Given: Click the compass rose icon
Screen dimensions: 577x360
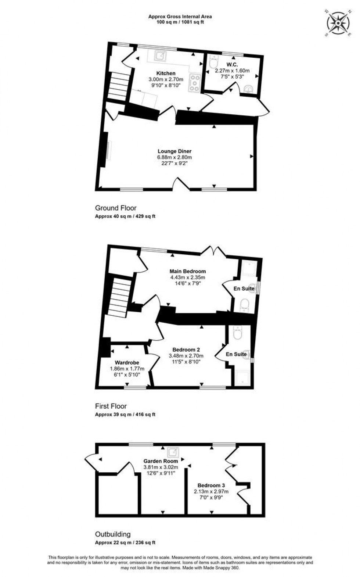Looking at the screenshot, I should [338, 23].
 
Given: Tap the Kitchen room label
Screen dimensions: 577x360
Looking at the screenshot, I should [166, 74].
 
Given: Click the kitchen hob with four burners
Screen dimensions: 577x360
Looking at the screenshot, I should [194, 83].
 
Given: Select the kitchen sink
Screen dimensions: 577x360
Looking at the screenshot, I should [160, 56].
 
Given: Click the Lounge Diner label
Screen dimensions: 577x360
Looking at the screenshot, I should [174, 151].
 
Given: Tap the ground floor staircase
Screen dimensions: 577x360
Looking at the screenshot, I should [119, 86].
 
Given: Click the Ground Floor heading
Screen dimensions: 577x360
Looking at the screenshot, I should [116, 208].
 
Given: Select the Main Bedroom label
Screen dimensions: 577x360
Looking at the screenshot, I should [187, 272].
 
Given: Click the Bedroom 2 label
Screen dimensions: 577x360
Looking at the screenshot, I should [186, 350].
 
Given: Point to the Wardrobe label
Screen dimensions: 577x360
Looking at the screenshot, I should [127, 363].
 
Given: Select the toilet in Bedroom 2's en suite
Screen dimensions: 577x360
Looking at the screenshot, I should [238, 333].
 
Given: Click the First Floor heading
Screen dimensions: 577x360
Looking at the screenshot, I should [111, 406].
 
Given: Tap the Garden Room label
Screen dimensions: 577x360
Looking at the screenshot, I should [161, 461].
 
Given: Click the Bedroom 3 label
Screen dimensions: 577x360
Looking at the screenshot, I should [211, 485].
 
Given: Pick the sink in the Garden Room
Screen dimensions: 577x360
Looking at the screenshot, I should [173, 451].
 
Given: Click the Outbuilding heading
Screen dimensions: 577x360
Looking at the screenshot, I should [113, 534].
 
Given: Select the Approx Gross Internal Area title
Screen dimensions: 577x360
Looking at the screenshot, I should [180, 17].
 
